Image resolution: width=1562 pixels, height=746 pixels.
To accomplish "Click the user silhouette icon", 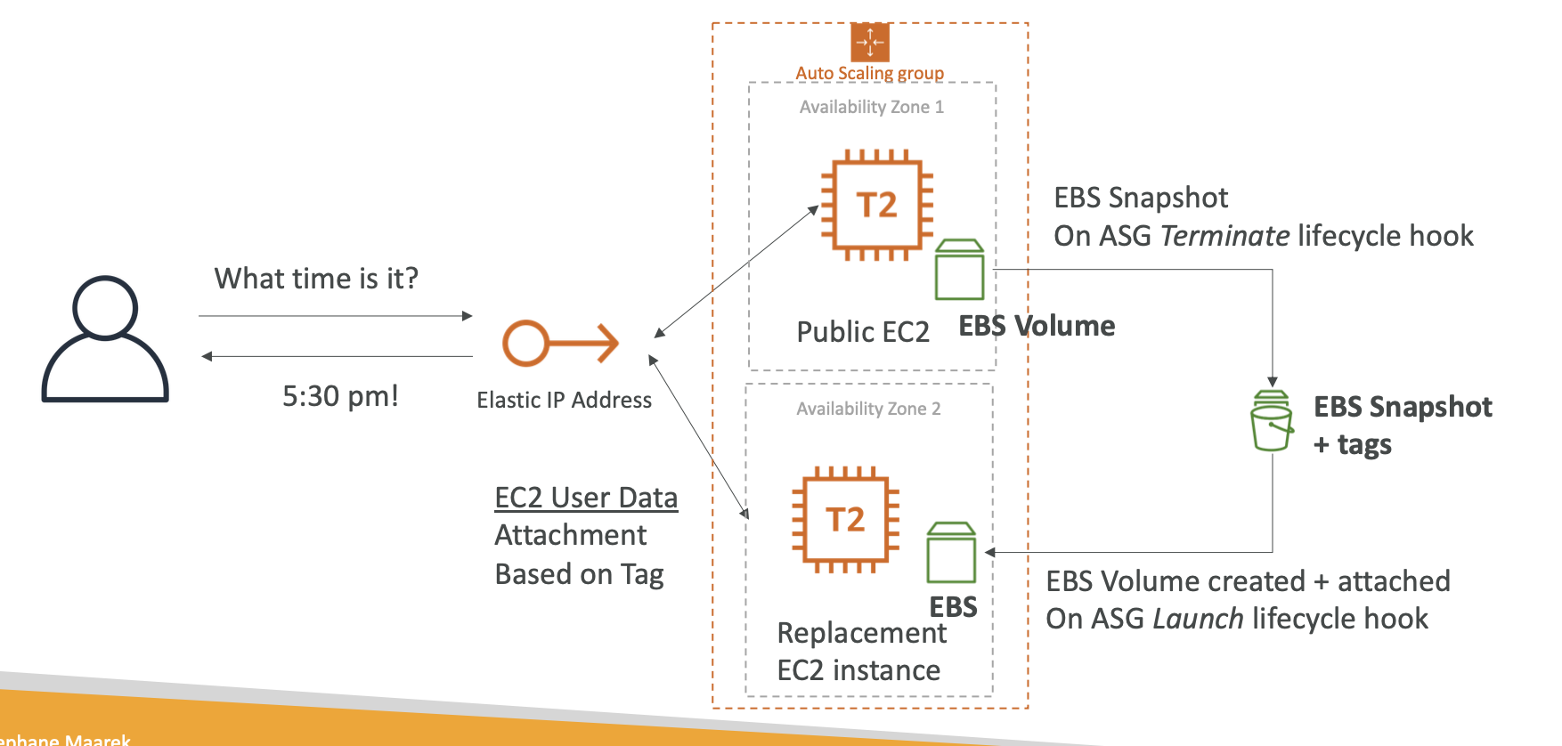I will tap(105, 339).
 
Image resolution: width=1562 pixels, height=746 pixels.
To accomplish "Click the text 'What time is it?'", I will tap(316, 279).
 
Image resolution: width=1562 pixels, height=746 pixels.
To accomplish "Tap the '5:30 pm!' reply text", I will tap(340, 396).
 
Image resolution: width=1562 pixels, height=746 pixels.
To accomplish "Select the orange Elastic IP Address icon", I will tap(560, 343).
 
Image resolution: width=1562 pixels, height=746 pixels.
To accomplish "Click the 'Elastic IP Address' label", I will tap(564, 401).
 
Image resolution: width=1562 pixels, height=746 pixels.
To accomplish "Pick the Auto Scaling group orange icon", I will tap(870, 42).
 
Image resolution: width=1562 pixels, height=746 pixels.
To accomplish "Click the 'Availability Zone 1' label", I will tap(871, 107).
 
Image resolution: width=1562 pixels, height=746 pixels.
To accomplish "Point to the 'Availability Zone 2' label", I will tap(868, 409).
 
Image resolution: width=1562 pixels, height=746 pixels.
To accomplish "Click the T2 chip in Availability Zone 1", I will tap(876, 206).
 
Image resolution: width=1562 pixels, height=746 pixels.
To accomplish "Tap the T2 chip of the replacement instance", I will tap(845, 519).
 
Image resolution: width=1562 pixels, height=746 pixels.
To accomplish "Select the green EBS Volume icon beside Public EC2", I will tap(959, 270).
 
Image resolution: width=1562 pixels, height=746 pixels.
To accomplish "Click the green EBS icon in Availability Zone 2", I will tap(951, 553).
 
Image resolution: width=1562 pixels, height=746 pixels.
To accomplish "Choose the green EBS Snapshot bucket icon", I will tap(1272, 421).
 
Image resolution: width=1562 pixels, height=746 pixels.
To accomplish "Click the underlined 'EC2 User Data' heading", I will tap(586, 498).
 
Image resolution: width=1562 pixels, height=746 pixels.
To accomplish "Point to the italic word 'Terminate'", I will tap(1224, 236).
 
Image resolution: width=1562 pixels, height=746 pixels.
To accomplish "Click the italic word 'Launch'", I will tap(1198, 619).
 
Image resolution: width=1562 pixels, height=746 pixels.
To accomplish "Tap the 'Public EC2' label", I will tap(862, 332).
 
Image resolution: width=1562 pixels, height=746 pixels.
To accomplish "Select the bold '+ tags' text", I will tap(1352, 444).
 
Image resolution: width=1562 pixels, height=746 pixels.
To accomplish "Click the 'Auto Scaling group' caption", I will tap(869, 73).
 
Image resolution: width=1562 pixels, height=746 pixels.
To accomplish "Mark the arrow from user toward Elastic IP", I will tap(335, 316).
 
